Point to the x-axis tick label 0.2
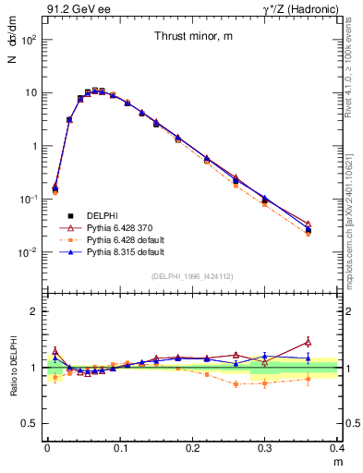point(192,448)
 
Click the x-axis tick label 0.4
point(337,448)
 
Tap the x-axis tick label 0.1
point(119,448)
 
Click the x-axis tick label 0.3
point(265,448)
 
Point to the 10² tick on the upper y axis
point(30,41)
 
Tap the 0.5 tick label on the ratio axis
point(30,423)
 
